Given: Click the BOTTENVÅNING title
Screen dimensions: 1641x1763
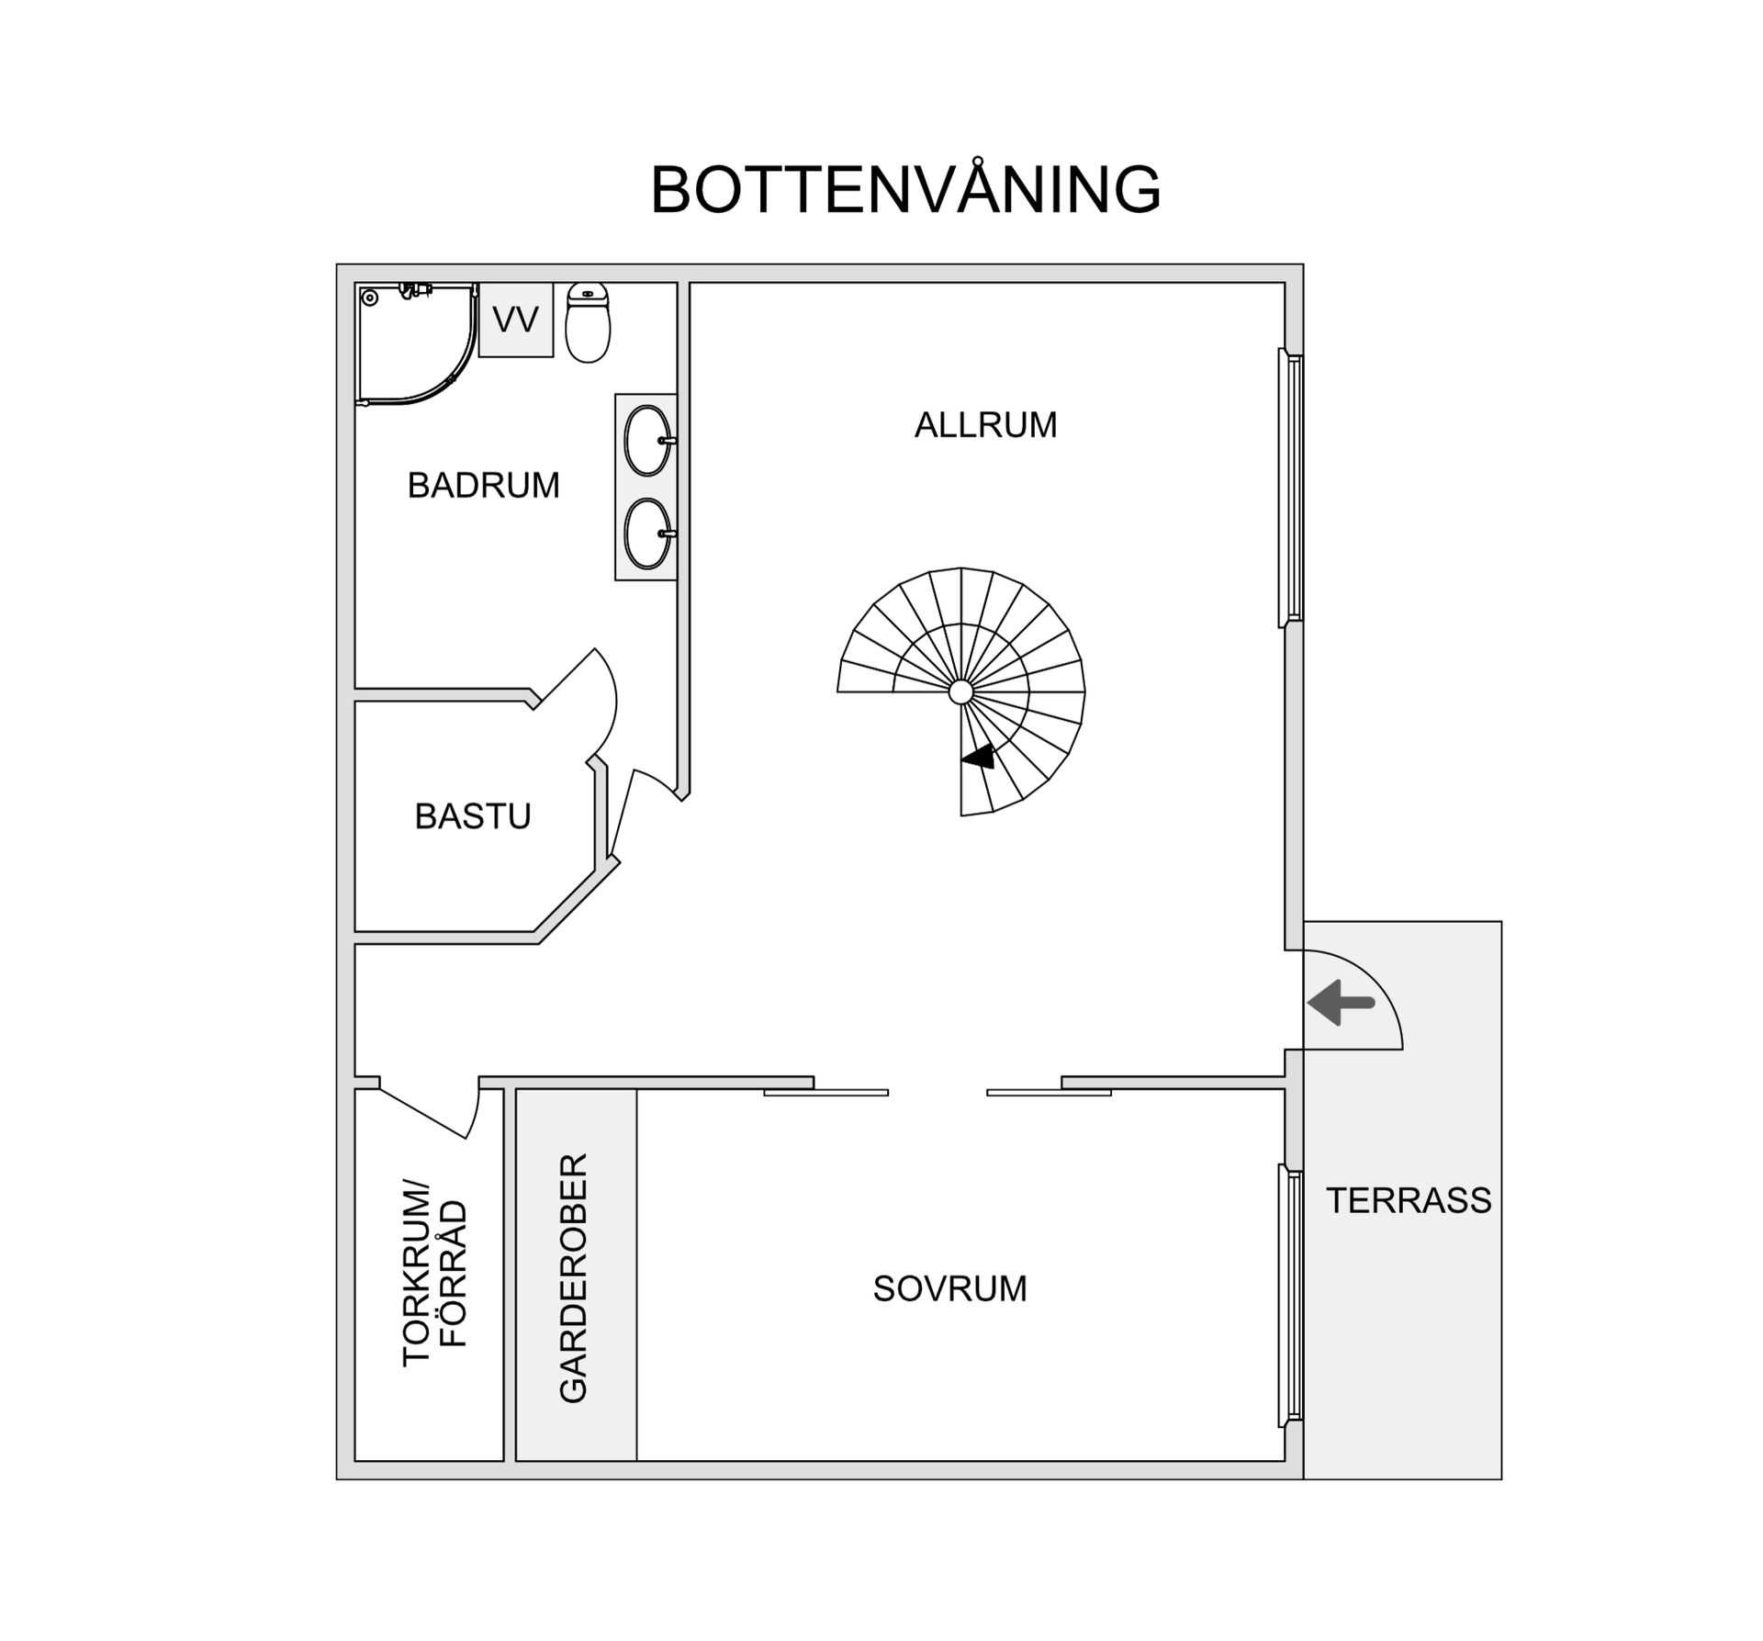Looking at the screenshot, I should pos(905,190).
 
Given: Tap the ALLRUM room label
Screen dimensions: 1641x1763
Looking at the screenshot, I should pos(985,425).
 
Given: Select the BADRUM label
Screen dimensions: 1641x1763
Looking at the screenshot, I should pos(483,485).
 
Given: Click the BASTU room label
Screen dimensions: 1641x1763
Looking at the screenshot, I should pos(473,816).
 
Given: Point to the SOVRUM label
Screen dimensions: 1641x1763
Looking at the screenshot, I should pos(949,1288).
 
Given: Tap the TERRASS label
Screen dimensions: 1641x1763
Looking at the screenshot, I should pos(1409,1200).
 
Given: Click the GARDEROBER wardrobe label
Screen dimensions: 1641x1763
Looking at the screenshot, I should pos(574,1277).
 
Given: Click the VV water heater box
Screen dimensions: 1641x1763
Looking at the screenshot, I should pos(516,320).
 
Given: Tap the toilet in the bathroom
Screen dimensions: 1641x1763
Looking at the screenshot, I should pos(588,323).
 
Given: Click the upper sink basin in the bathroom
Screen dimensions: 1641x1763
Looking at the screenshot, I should pos(647,441).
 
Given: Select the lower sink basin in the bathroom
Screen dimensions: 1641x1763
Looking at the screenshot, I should pos(647,534).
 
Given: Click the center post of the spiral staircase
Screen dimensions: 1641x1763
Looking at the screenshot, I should pos(960,691).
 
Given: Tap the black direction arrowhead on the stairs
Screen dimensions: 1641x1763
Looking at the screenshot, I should pos(980,758).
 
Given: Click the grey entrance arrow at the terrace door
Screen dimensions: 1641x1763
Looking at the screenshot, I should pos(1340,1002).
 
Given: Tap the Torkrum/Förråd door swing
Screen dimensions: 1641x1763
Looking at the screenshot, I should pos(432,1113).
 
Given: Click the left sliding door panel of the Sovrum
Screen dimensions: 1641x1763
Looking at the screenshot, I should pos(826,1092).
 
